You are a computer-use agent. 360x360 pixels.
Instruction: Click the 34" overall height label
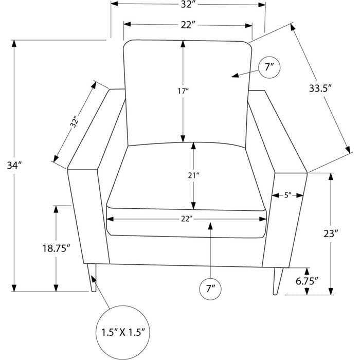coord(14,165)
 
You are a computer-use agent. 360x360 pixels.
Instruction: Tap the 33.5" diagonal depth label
coord(320,88)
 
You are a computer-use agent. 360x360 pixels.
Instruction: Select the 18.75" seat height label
coord(56,248)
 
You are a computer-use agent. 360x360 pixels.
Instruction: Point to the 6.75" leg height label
coord(307,281)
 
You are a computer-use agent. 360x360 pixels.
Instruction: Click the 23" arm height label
coord(331,233)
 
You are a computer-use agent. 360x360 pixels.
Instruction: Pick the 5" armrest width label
coord(287,195)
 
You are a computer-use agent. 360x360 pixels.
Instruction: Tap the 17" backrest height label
coord(183,91)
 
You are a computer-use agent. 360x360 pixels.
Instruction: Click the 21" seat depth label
coord(193,176)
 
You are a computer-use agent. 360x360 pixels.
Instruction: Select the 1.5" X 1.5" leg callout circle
coord(123,332)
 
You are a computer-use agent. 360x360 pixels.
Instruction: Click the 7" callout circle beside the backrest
coord(269,67)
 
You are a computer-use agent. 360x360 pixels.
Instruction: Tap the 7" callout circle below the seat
coord(210,289)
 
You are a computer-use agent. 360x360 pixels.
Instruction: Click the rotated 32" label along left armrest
coord(75,123)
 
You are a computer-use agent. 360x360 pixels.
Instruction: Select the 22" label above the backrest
coord(186,25)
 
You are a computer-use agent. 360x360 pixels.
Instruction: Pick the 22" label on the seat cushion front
coord(186,219)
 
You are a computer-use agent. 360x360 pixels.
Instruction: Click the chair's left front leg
coord(92,278)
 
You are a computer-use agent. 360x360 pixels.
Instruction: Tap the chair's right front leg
coord(278,281)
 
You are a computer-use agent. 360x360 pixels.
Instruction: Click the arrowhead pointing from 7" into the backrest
coord(235,76)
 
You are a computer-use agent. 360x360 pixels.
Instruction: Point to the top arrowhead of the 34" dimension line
coord(14,44)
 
